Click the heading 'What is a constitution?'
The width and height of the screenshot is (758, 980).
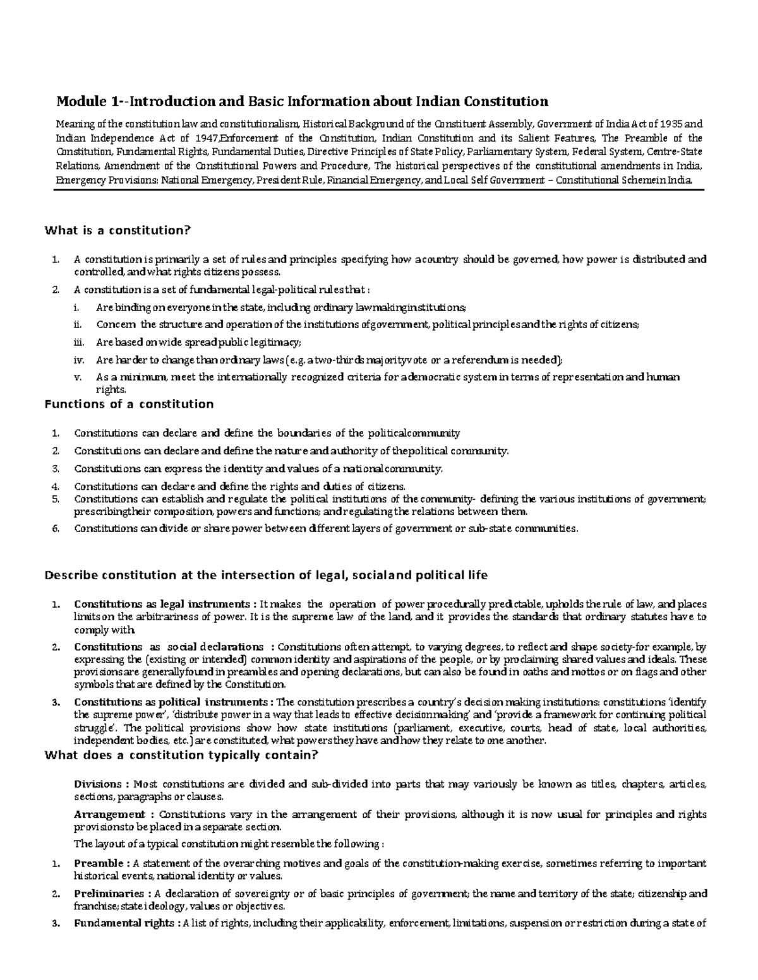tap(117, 230)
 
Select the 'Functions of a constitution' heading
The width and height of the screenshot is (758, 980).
tap(129, 404)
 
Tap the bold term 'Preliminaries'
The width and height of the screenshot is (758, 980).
tap(109, 894)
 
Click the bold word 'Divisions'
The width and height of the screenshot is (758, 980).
tap(98, 784)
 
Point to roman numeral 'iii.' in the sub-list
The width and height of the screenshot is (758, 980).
tap(78, 342)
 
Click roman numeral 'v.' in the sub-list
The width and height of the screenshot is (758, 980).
tap(78, 377)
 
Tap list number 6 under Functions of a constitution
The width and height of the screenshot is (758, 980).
tap(55, 528)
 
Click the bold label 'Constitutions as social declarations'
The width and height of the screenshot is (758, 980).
tap(169, 647)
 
